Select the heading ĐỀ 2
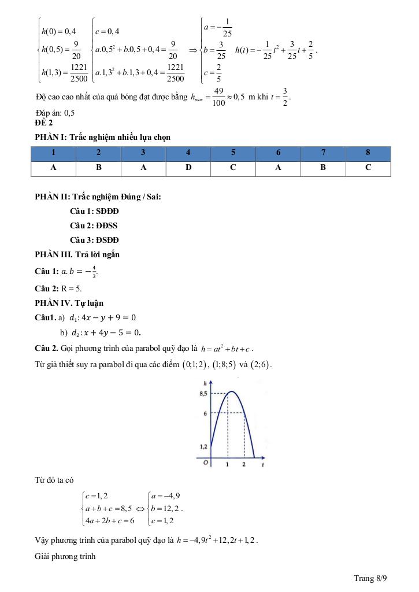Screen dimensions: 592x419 click(x=44, y=123)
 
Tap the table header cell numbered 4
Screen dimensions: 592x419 click(x=188, y=153)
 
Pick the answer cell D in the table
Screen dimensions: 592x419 click(x=188, y=168)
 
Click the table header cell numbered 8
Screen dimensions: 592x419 click(x=368, y=153)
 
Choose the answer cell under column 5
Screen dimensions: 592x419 click(x=233, y=168)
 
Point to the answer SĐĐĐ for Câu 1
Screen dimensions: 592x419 click(x=105, y=211)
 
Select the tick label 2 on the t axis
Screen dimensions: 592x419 click(x=244, y=465)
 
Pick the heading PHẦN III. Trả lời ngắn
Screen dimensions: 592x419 click(x=77, y=254)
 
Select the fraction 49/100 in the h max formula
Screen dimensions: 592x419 click(x=218, y=97)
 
